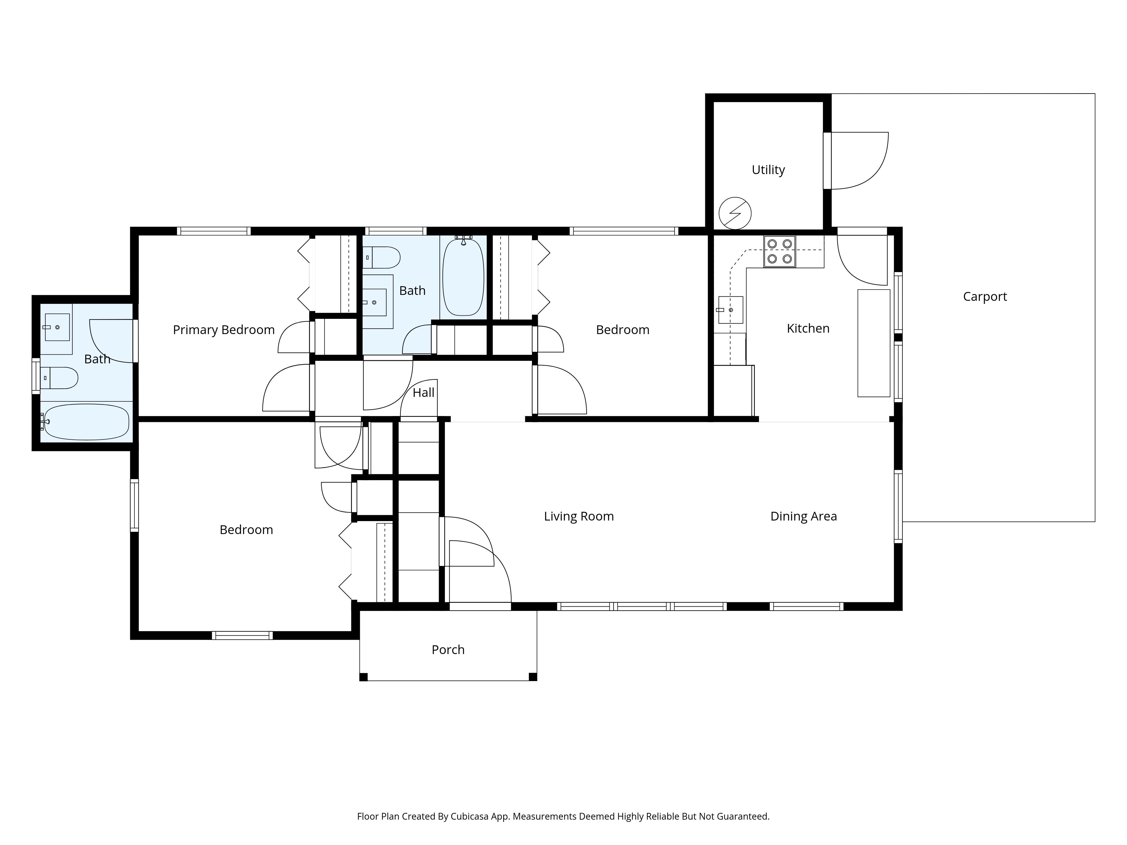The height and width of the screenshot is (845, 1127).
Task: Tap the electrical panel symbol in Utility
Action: (735, 213)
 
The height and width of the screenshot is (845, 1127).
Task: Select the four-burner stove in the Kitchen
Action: (780, 252)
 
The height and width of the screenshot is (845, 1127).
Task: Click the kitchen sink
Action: (731, 310)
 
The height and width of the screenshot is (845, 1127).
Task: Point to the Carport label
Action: (985, 297)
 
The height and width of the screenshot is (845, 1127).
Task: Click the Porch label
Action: (448, 650)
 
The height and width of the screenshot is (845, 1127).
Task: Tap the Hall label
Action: (423, 393)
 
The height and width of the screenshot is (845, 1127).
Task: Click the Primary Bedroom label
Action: (224, 330)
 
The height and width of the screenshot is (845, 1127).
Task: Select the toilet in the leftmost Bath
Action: (59, 378)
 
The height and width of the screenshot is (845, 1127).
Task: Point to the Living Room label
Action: (579, 517)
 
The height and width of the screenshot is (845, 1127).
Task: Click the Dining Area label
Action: (804, 517)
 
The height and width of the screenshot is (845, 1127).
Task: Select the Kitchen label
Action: (808, 328)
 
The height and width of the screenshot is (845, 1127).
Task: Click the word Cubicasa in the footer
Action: (470, 817)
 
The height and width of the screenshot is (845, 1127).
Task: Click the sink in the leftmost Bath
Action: (57, 327)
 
